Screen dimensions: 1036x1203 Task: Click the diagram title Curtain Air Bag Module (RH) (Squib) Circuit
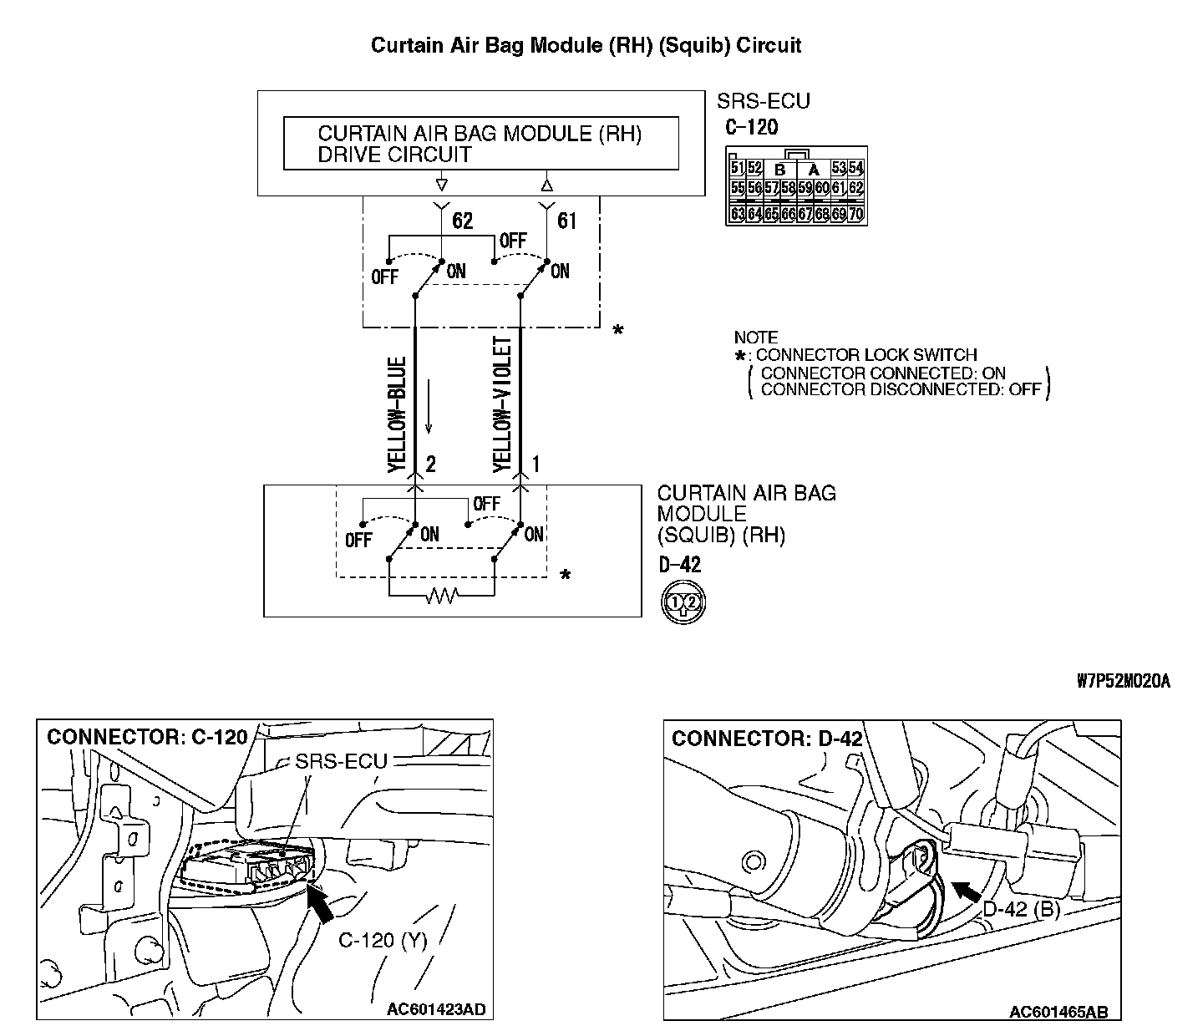point(586,45)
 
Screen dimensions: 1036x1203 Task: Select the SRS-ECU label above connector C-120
point(763,102)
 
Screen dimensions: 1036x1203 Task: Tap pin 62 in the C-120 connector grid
point(855,188)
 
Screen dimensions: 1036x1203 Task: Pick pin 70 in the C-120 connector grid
point(855,214)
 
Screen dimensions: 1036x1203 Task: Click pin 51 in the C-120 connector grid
point(737,168)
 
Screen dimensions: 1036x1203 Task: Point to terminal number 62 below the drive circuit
point(462,221)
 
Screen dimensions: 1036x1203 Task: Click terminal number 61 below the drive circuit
point(566,221)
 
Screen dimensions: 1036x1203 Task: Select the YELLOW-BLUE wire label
point(397,415)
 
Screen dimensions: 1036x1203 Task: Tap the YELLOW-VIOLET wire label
point(502,404)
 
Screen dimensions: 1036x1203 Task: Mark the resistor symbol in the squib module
point(441,597)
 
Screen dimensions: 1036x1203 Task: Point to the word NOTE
point(755,338)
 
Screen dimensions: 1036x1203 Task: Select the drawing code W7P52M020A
point(1123,682)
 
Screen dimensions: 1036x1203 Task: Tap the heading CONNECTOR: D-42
point(766,739)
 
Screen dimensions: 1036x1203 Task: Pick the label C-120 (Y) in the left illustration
point(383,941)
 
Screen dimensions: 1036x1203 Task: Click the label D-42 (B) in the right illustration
point(1021,909)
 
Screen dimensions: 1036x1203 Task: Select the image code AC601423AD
point(435,1010)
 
